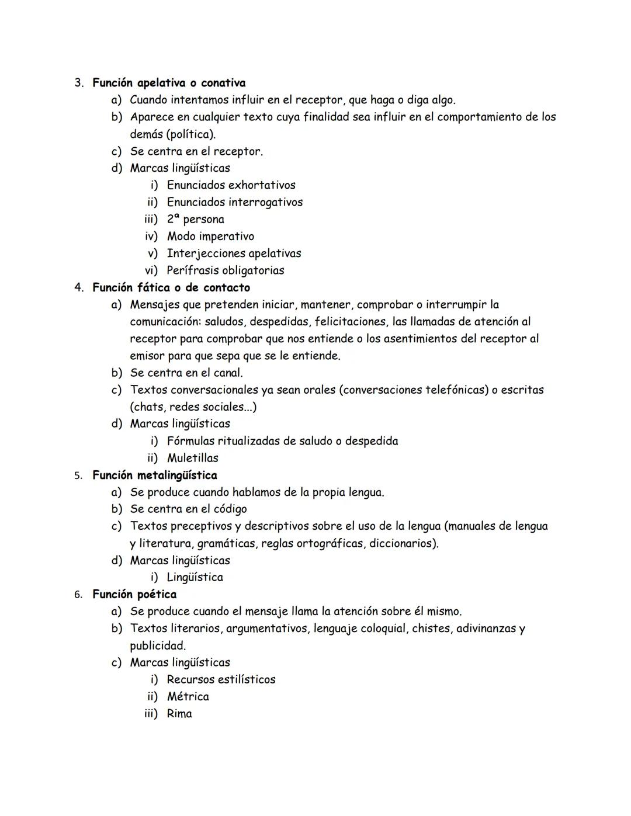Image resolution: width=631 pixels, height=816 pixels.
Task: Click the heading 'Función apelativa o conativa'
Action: [x=169, y=83]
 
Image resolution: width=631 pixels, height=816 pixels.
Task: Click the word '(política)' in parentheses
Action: [x=191, y=134]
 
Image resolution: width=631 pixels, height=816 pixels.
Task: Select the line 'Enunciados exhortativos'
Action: [x=231, y=185]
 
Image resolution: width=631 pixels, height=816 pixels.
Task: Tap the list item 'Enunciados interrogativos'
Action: [x=234, y=202]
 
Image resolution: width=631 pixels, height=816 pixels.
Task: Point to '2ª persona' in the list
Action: [x=195, y=220]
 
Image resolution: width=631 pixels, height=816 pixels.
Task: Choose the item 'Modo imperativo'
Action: [x=210, y=237]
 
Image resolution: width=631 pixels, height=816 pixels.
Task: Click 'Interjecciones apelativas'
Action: [x=234, y=254]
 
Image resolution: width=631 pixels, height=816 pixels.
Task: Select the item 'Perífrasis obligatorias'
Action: [x=225, y=270]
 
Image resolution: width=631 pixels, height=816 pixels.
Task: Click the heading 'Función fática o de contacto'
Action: [x=171, y=287]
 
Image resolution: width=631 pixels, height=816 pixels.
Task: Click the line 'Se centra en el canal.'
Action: [x=186, y=373]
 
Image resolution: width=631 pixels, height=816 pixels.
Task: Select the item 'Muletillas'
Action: [x=192, y=458]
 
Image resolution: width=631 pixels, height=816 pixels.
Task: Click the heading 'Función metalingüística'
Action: [x=155, y=475]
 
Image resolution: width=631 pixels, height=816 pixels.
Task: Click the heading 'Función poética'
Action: [x=134, y=595]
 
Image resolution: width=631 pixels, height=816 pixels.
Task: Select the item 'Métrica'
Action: [x=188, y=697]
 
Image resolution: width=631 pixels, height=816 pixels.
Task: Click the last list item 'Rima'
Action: [x=179, y=714]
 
